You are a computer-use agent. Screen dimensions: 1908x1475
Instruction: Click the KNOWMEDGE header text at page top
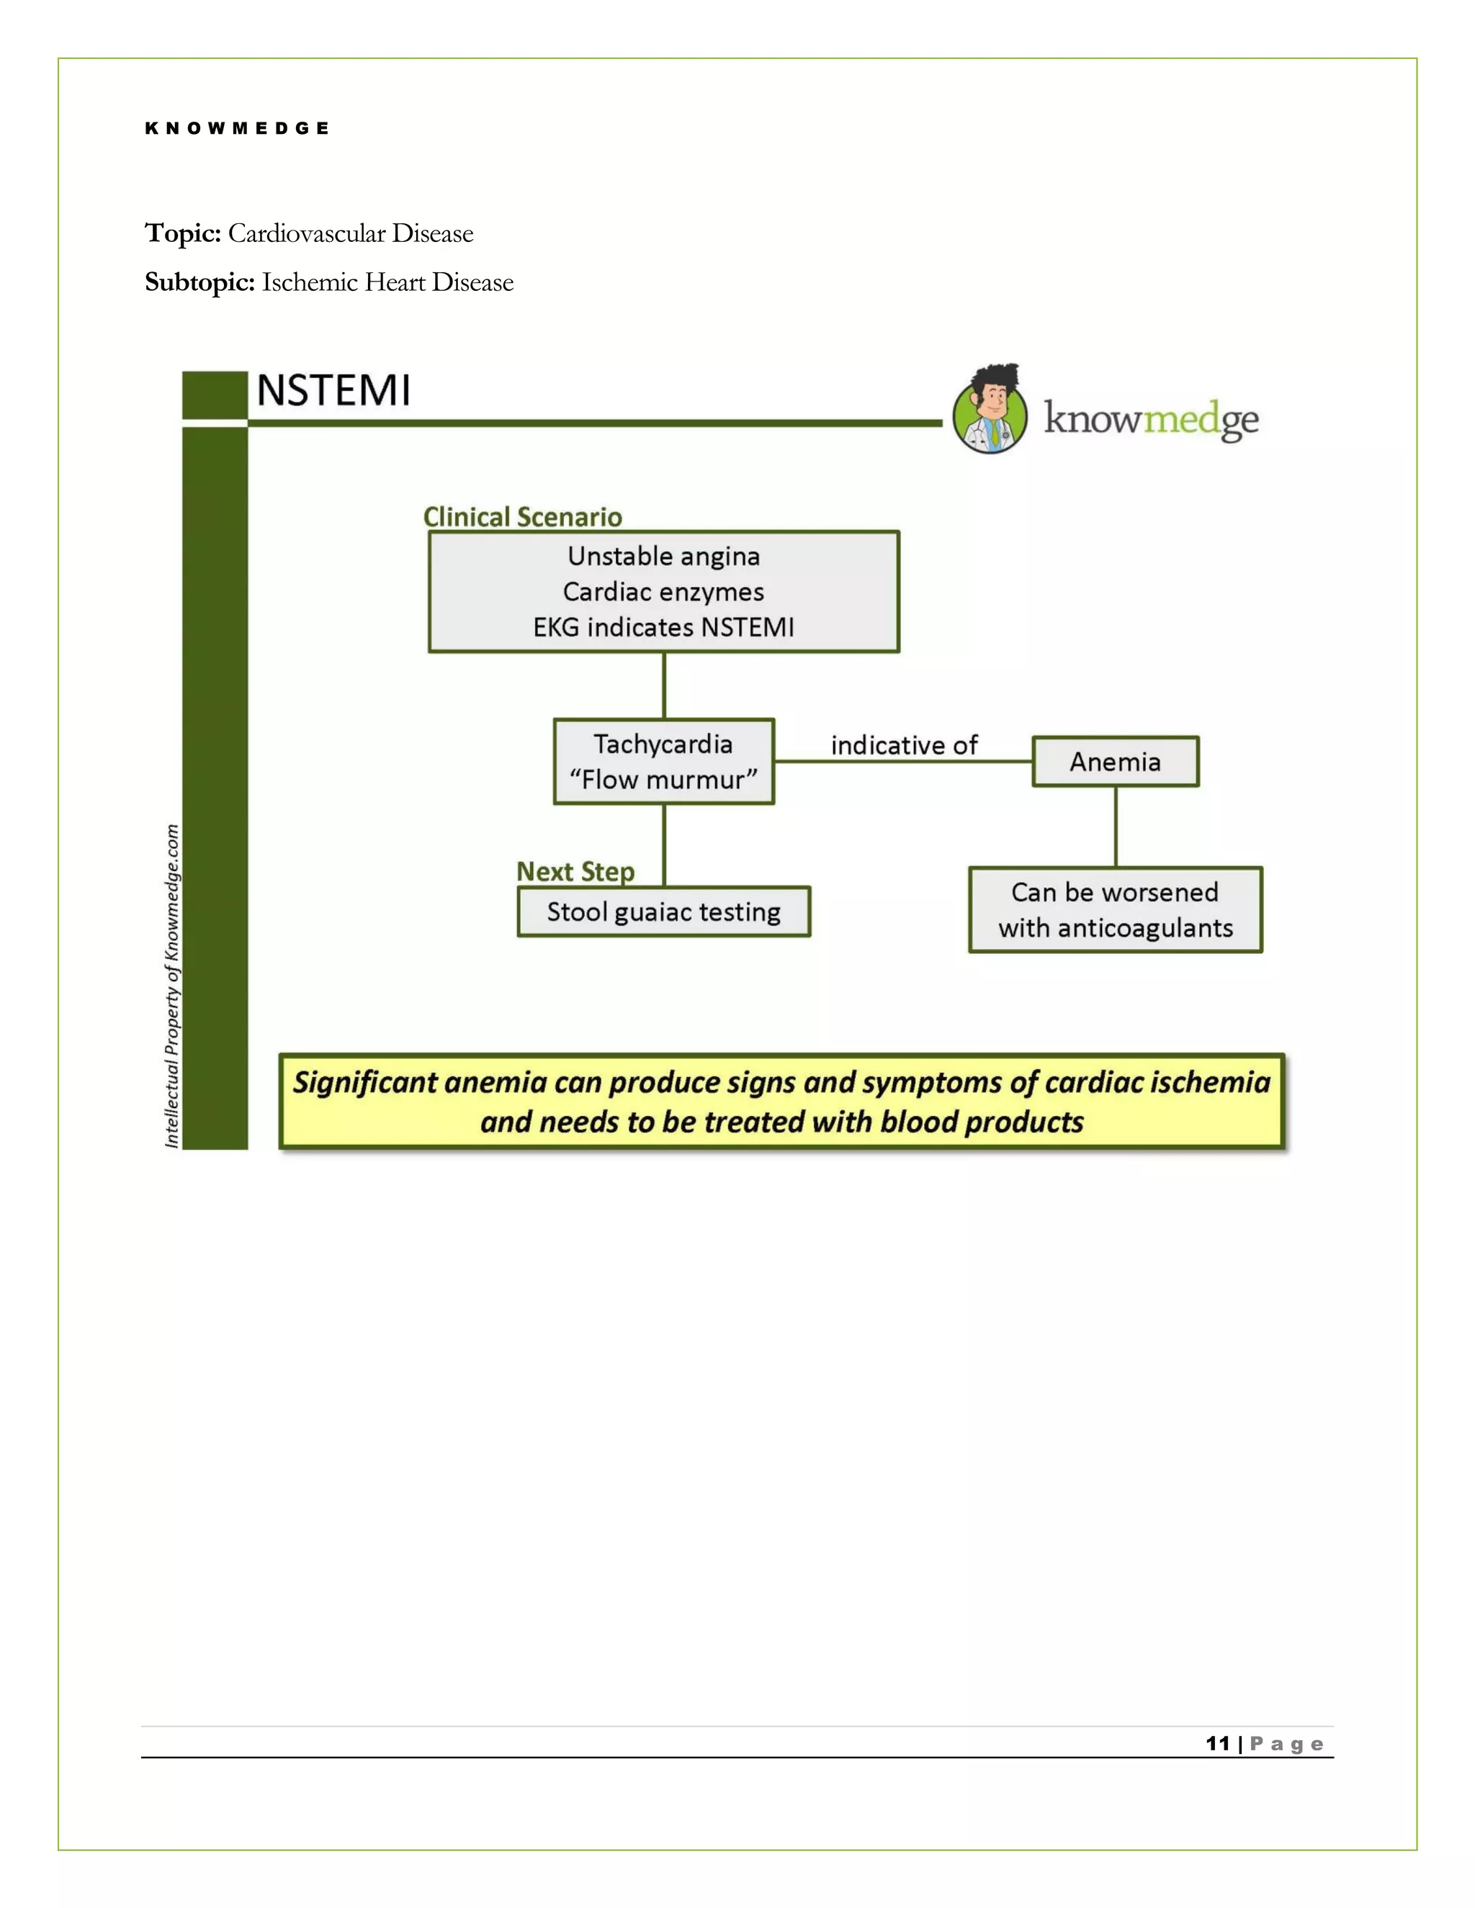point(237,128)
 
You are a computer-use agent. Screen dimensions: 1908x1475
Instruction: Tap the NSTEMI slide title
point(333,390)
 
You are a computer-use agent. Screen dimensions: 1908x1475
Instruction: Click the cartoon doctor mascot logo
point(991,410)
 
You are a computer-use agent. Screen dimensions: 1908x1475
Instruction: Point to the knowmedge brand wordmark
point(1151,420)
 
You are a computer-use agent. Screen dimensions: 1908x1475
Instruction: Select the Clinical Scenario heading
point(523,516)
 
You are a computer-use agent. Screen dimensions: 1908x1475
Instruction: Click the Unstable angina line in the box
point(663,556)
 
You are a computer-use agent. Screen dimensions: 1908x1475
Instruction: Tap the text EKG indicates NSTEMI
point(663,627)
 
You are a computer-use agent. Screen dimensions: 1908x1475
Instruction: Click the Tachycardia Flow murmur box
point(663,761)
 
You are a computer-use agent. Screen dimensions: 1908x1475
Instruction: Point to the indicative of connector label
point(904,745)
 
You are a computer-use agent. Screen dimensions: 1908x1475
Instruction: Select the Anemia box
point(1115,762)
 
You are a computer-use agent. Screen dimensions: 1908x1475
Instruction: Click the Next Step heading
point(575,871)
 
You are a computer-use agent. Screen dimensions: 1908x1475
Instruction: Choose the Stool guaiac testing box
point(663,912)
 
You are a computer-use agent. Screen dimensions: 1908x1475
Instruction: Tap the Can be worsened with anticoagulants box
point(1115,909)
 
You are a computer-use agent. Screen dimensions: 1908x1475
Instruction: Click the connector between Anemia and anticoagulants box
point(1116,827)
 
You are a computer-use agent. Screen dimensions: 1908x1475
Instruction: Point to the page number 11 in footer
point(1217,1744)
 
